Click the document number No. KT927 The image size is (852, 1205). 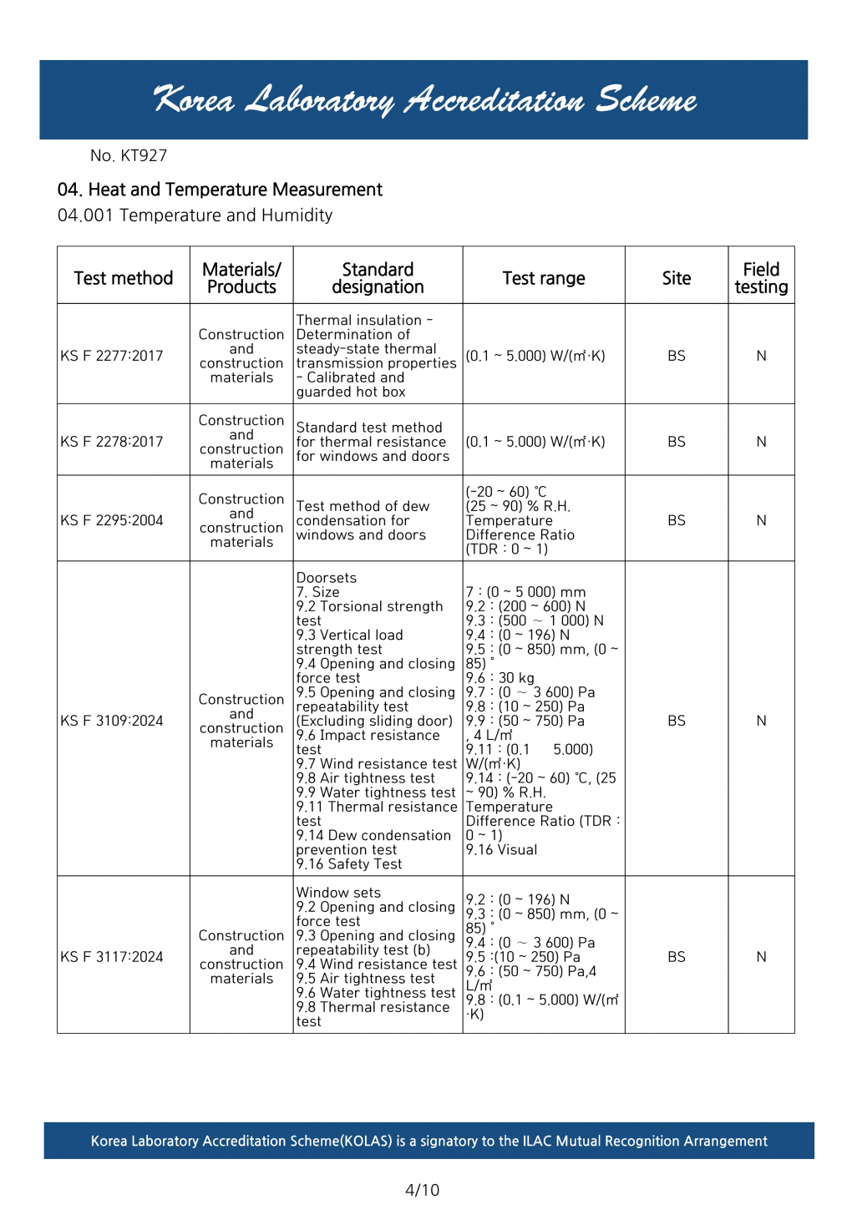click(x=129, y=155)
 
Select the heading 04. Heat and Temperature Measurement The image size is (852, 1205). click(x=220, y=190)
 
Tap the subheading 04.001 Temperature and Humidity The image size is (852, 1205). click(x=195, y=215)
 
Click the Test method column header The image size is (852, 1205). click(x=124, y=278)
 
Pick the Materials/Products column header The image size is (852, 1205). click(x=241, y=278)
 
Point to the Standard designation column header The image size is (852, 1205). click(x=378, y=278)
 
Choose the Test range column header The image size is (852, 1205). click(x=544, y=278)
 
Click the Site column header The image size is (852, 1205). click(x=677, y=278)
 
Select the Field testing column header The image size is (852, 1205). click(x=761, y=278)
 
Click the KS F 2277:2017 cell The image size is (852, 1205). click(x=112, y=356)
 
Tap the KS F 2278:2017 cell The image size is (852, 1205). click(x=112, y=442)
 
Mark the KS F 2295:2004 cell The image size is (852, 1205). click(x=112, y=520)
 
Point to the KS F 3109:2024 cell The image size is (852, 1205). click(x=112, y=721)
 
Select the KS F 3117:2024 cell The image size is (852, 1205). click(x=112, y=957)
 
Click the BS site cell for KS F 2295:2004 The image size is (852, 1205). click(x=677, y=520)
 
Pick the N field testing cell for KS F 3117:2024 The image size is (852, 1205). click(x=761, y=957)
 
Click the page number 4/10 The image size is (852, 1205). click(x=422, y=1190)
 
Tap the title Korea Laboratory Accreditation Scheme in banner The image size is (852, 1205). click(x=424, y=100)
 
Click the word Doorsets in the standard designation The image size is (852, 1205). click(x=327, y=578)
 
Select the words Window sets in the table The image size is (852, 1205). click(x=338, y=893)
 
